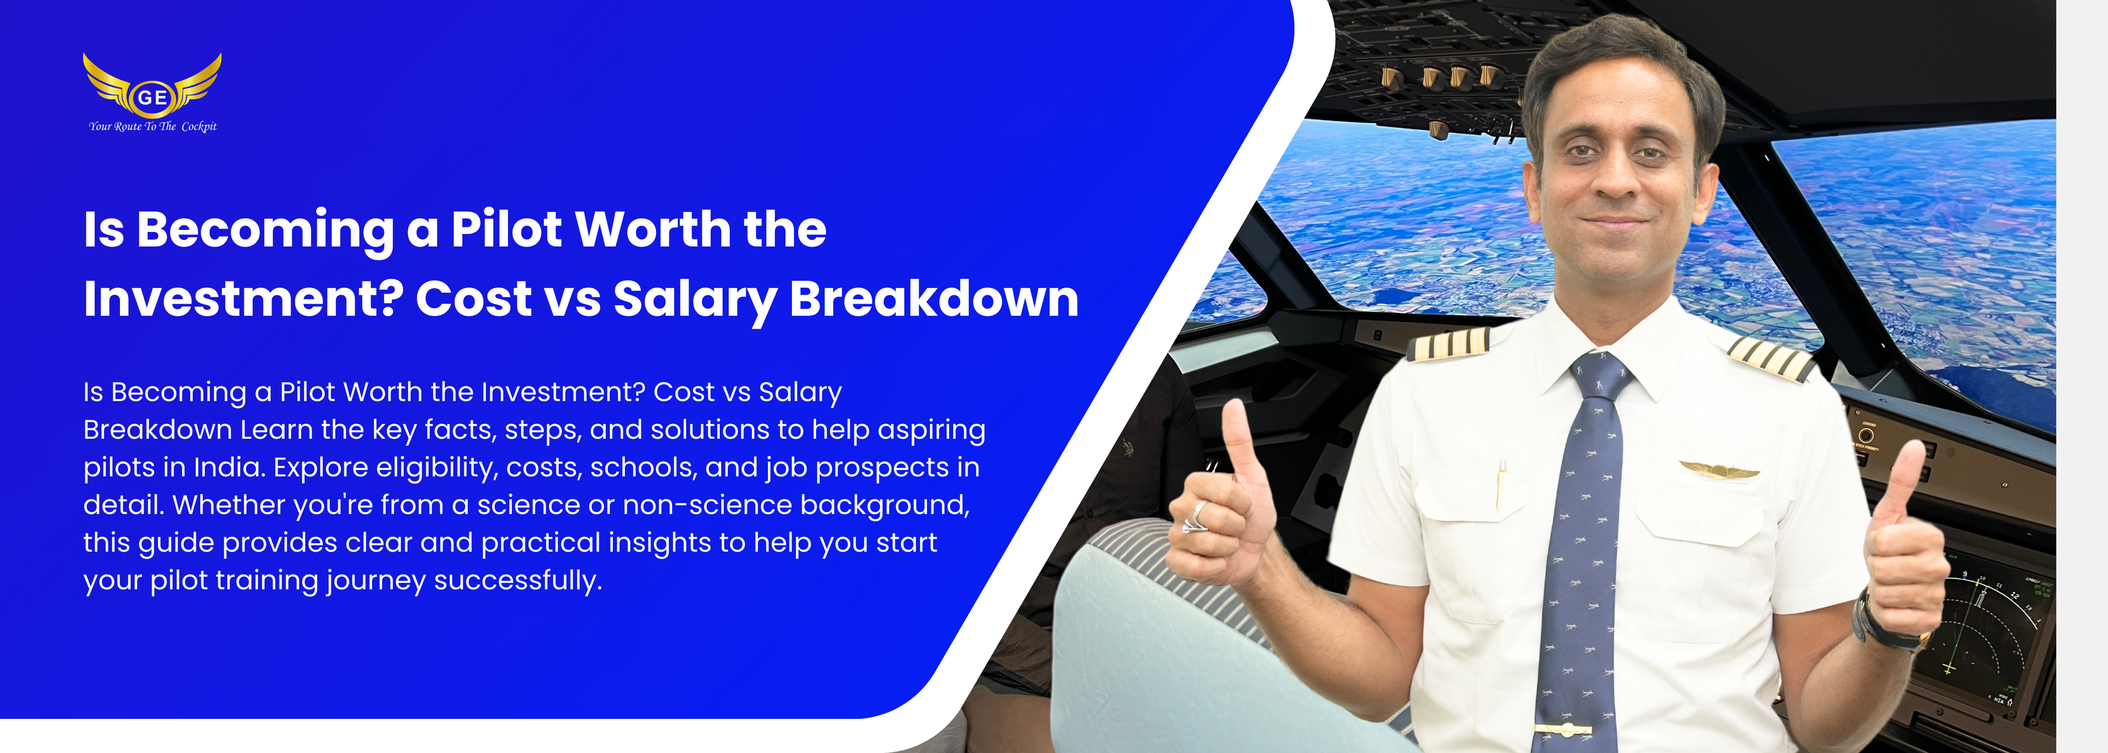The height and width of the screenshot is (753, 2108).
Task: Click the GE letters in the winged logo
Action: click(x=152, y=97)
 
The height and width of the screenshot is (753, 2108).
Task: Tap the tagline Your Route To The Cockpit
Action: click(x=153, y=126)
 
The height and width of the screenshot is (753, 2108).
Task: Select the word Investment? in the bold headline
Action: click(x=243, y=299)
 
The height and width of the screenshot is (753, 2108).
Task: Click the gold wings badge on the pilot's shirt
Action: click(x=1720, y=470)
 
